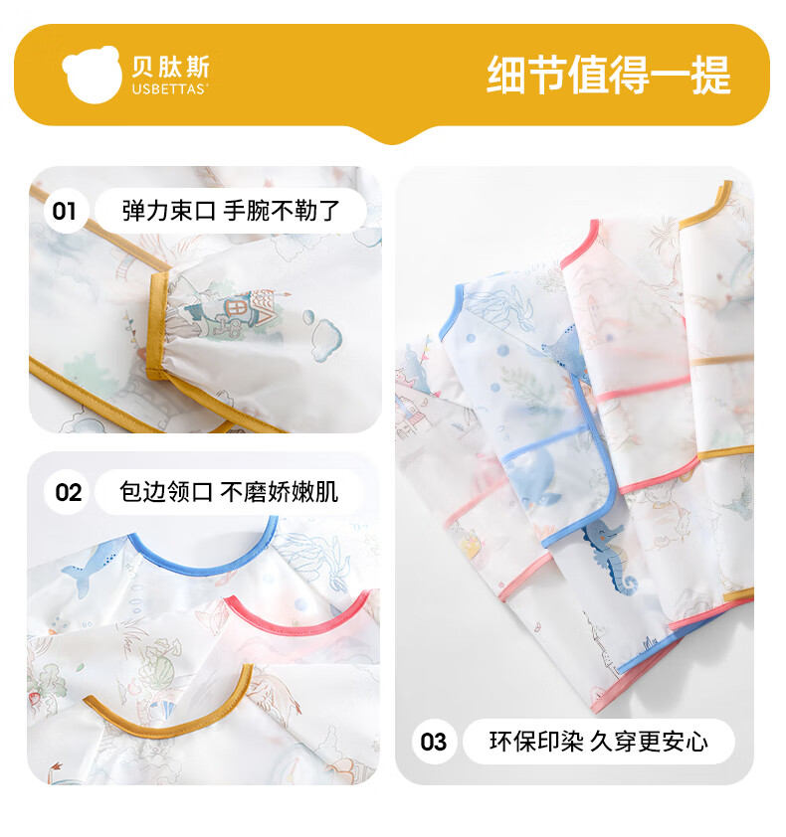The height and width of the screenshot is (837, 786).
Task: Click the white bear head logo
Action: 92,74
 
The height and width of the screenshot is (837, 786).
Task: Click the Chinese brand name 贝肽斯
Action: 170,68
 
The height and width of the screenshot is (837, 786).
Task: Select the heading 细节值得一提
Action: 609,75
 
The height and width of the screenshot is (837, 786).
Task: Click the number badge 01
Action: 64,211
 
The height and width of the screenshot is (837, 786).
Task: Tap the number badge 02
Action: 68,492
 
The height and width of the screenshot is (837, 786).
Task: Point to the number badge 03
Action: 434,742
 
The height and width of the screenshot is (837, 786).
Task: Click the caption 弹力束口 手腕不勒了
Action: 231,211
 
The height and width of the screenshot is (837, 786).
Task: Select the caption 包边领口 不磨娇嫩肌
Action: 229,492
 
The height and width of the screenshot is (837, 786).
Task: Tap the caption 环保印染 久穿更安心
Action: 598,742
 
